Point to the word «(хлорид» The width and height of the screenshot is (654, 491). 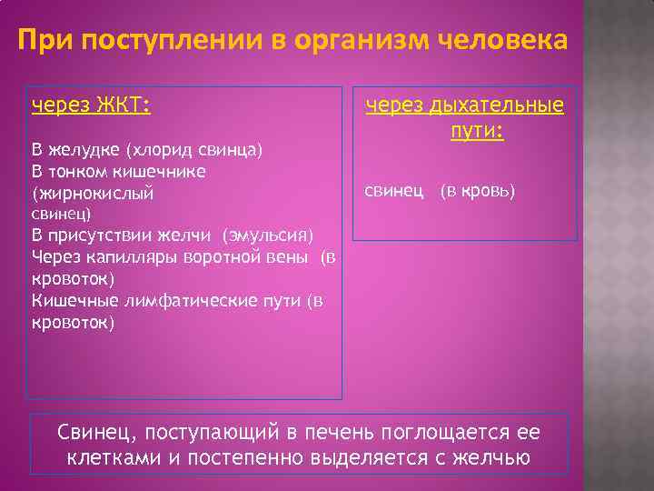155,149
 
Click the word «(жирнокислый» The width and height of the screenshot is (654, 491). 93,194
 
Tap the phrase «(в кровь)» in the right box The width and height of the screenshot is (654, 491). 478,192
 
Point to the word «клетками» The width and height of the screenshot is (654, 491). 115,457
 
